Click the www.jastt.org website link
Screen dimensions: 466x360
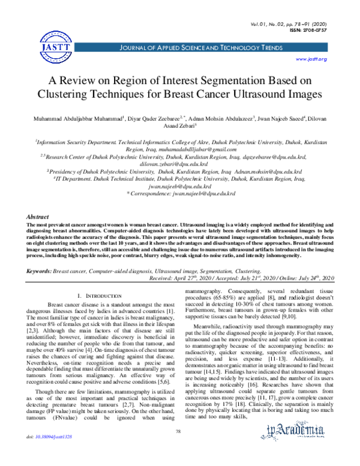[x=312, y=59]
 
